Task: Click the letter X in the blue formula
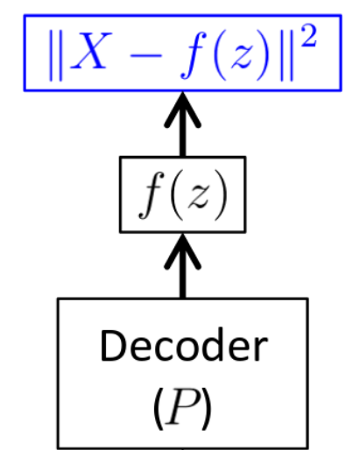91,51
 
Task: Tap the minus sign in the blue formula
146,55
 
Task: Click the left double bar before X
55,55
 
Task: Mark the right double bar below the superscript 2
286,55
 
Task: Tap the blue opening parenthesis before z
221,55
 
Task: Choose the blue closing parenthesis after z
262,55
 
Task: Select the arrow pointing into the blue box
183,124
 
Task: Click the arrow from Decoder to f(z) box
183,265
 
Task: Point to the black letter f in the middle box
152,195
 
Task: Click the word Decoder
184,345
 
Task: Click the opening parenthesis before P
159,409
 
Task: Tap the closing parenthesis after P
206,409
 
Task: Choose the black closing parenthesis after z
221,195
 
